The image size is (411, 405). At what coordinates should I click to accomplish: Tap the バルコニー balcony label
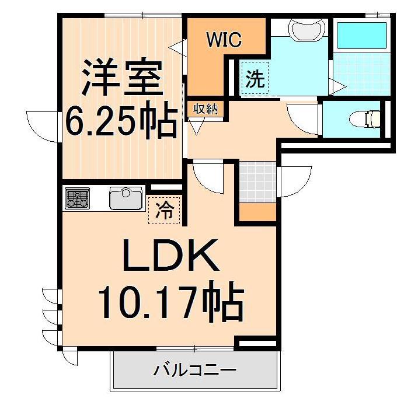tap(194, 370)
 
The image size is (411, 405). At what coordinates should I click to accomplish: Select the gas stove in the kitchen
tap(77, 198)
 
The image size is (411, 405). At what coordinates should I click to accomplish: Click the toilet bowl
tap(364, 120)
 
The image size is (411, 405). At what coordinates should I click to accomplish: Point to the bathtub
tap(363, 36)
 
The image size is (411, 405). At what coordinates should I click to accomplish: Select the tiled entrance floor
tap(257, 181)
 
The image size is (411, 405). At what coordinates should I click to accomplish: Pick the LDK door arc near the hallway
tap(208, 174)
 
